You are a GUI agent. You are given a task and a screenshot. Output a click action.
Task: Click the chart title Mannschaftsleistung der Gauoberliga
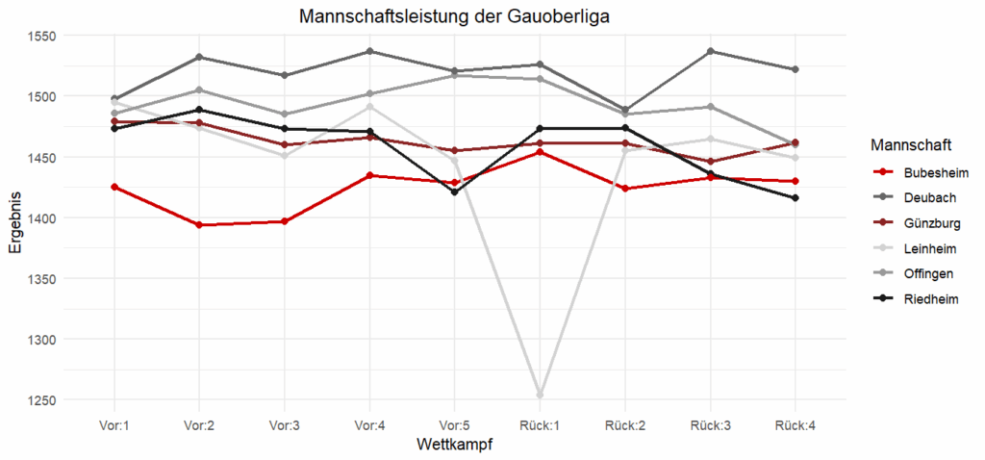pos(454,16)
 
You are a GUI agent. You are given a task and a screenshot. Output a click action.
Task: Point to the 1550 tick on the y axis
pos(41,36)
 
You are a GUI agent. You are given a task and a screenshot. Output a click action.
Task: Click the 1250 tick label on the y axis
pos(41,400)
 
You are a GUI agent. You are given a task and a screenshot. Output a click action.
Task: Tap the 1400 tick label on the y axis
pos(41,218)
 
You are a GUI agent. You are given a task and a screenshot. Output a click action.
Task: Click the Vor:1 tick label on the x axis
pos(114,424)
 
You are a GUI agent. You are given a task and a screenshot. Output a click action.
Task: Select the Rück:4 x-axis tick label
pos(795,424)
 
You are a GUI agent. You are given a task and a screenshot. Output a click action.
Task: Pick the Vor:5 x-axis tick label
pos(454,424)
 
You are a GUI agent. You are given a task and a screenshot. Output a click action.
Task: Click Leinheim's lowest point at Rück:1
pos(540,395)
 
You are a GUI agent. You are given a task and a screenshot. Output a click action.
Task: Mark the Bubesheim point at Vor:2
pos(199,225)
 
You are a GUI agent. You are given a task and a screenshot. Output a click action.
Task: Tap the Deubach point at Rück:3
pos(710,51)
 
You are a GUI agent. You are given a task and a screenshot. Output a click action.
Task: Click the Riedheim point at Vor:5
pos(454,192)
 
